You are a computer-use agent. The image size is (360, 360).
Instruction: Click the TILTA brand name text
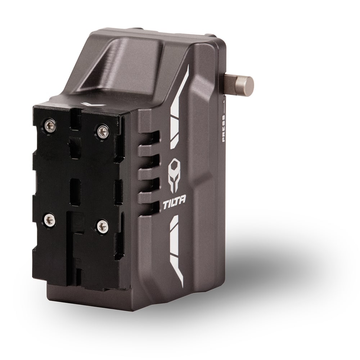[175, 202]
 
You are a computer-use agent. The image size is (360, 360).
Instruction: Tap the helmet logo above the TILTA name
[174, 175]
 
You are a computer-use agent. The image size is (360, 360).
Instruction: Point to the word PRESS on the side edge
[224, 128]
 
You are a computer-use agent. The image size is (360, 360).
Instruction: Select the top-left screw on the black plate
[50, 125]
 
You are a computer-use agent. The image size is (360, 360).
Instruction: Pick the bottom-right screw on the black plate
[102, 227]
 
